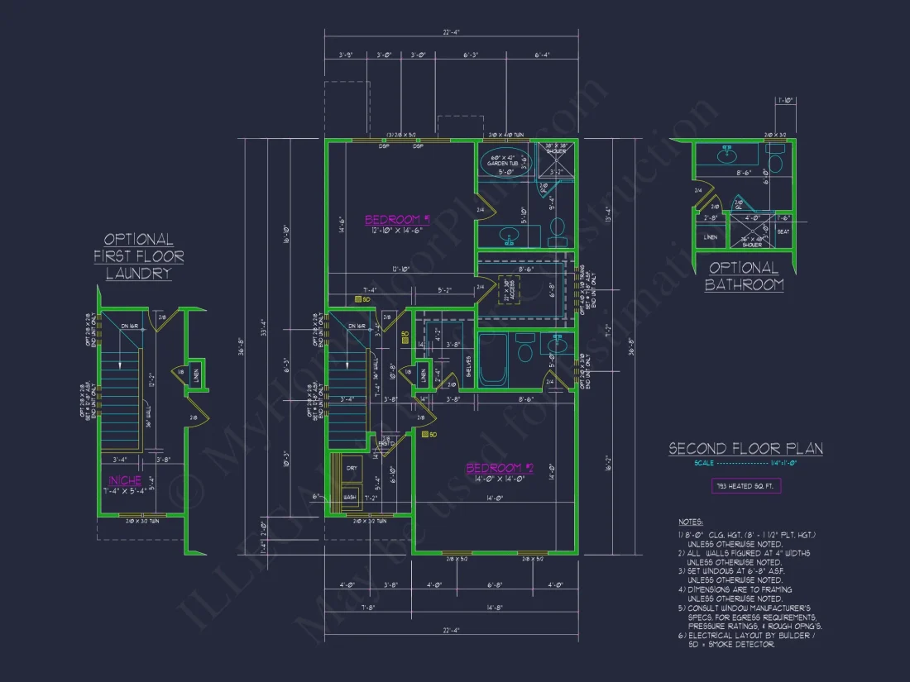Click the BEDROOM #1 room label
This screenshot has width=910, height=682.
[397, 219]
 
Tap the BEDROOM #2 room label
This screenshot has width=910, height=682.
[500, 468]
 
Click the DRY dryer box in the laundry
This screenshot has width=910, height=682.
[352, 469]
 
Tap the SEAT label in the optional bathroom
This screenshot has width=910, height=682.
[783, 231]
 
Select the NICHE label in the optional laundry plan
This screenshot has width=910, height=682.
[125, 480]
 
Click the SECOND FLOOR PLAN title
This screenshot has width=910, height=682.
[745, 449]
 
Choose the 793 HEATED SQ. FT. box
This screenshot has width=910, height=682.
[745, 485]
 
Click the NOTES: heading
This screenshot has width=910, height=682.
[689, 522]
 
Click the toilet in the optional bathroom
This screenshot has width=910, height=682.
[776, 155]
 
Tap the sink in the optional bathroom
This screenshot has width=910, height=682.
[728, 154]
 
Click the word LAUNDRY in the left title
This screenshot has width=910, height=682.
[138, 274]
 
